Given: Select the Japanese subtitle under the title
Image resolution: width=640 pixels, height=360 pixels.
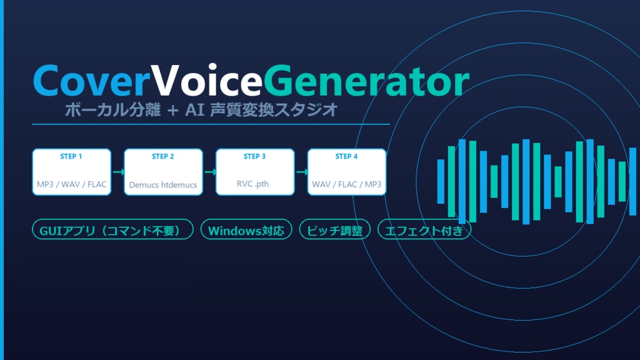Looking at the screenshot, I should point(201,110).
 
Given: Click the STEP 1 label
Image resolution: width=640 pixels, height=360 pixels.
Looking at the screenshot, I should point(71,156).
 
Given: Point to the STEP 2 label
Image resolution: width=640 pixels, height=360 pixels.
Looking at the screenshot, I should point(163,156).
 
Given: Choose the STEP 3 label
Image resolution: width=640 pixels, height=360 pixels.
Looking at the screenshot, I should point(254,156).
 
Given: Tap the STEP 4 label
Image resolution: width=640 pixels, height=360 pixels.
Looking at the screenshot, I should point(346,156).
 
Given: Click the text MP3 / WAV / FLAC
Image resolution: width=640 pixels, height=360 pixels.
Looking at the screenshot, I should point(71,185).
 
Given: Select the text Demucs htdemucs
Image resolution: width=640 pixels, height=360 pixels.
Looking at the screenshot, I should point(163,185).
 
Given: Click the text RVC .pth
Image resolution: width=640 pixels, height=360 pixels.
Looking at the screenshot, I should point(254,184).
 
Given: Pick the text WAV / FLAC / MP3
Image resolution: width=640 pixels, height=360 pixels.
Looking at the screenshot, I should point(346,185).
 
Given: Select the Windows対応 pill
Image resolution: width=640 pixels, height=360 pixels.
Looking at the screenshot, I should point(246,230).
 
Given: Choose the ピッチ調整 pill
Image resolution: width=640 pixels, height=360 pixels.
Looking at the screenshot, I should point(335,230).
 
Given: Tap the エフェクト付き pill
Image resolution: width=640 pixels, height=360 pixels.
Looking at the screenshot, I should point(424,230).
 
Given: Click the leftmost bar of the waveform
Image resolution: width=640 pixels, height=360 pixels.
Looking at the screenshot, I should point(441,181).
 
